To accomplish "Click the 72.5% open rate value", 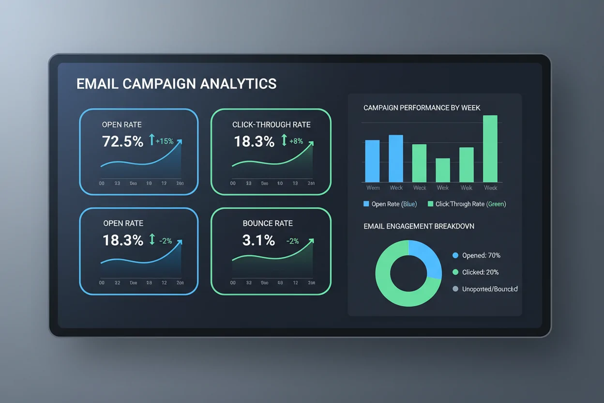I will (123, 141).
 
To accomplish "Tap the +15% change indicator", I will (165, 141).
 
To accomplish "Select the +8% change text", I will (296, 141).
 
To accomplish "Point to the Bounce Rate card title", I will (268, 223).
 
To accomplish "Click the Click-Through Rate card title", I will (272, 124).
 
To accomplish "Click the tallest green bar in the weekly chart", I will (490, 148).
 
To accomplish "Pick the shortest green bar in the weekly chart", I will (443, 170).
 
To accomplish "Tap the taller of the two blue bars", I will (396, 158).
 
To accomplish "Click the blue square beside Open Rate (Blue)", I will (366, 204).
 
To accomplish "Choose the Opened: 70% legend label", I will (481, 255).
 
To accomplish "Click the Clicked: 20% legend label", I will (480, 272).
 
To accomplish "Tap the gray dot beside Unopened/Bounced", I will (455, 289).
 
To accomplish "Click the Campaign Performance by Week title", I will (422, 108).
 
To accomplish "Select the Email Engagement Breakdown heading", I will (419, 226).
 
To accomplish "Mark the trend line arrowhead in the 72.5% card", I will (180, 141).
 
